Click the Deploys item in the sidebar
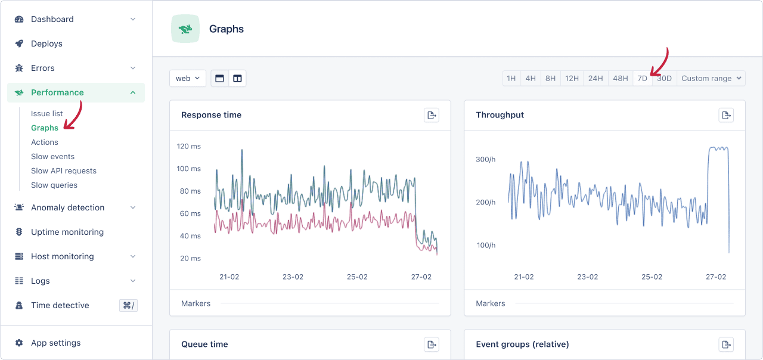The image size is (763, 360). pos(46,44)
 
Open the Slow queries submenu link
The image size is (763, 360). pos(54,185)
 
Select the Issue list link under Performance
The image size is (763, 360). pos(47,113)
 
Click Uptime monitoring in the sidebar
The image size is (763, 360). pos(67,232)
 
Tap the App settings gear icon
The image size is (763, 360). pos(19,343)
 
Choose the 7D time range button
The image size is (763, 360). pos(642,78)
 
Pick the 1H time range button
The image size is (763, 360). pos(511,78)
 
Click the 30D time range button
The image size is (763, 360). pos(664,78)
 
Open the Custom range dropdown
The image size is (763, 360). pos(711,78)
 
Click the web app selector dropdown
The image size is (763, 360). pos(188,78)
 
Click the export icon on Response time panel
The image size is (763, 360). pos(432,115)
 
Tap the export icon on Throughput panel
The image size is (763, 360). pos(726,115)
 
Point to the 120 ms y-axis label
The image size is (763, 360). pos(189,146)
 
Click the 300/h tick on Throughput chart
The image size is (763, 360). pos(485,159)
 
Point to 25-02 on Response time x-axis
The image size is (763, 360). pos(357,277)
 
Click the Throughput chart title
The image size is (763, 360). pos(500,115)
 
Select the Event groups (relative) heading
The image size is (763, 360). pos(522,344)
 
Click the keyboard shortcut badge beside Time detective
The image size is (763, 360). pos(128,305)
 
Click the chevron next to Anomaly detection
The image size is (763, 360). pos(133,207)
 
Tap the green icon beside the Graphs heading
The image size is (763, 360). pos(185,29)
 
